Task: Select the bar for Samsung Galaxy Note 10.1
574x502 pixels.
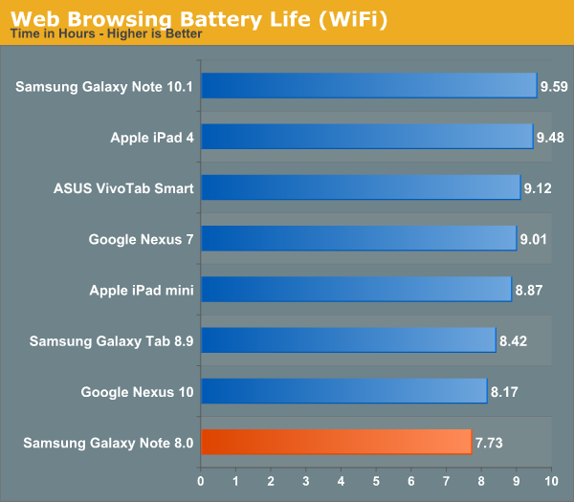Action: tap(369, 86)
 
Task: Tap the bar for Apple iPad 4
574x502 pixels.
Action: tap(366, 137)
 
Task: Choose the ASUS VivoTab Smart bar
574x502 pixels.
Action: tap(361, 187)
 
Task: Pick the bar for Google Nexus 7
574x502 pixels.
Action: tap(359, 238)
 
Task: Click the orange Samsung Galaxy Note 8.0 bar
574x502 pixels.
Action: tap(336, 442)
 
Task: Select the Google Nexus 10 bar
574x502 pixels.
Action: tap(343, 391)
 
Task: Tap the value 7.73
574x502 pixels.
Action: tap(490, 442)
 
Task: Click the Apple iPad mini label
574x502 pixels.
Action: tap(142, 290)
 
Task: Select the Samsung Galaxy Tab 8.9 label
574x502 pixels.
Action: tap(112, 340)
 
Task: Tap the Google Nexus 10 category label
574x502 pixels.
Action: tap(138, 391)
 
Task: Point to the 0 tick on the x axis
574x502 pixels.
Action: tap(201, 480)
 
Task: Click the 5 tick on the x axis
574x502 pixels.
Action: tap(376, 480)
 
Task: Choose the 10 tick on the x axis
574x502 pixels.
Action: tap(551, 480)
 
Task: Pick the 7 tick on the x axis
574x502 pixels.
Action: tap(446, 480)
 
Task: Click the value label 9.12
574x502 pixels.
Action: tap(539, 187)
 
